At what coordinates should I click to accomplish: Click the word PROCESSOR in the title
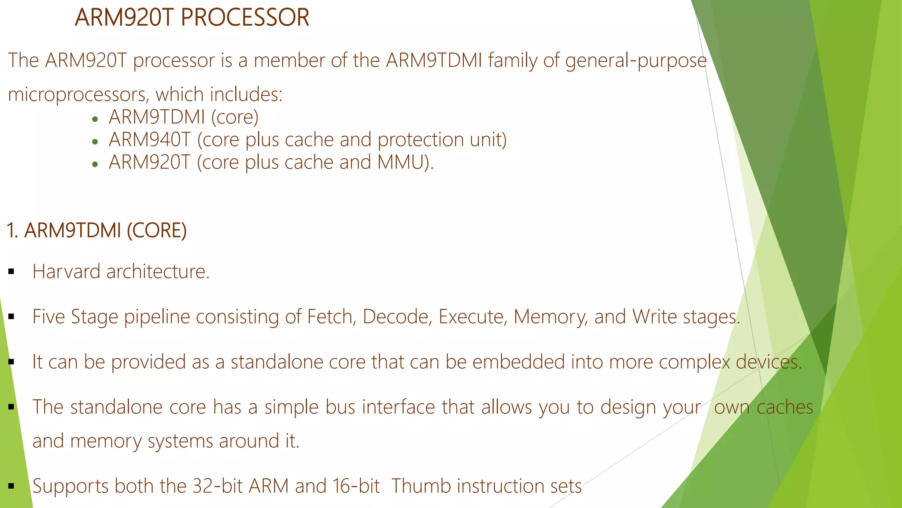(245, 18)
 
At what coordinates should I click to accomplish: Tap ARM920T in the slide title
(125, 18)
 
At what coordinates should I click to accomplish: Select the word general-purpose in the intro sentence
(636, 60)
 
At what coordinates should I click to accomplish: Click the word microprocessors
(78, 95)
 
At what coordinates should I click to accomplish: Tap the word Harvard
(67, 272)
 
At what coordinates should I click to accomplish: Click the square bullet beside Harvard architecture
(11, 272)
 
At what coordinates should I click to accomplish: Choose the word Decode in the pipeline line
(397, 317)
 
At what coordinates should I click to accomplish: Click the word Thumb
(421, 486)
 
